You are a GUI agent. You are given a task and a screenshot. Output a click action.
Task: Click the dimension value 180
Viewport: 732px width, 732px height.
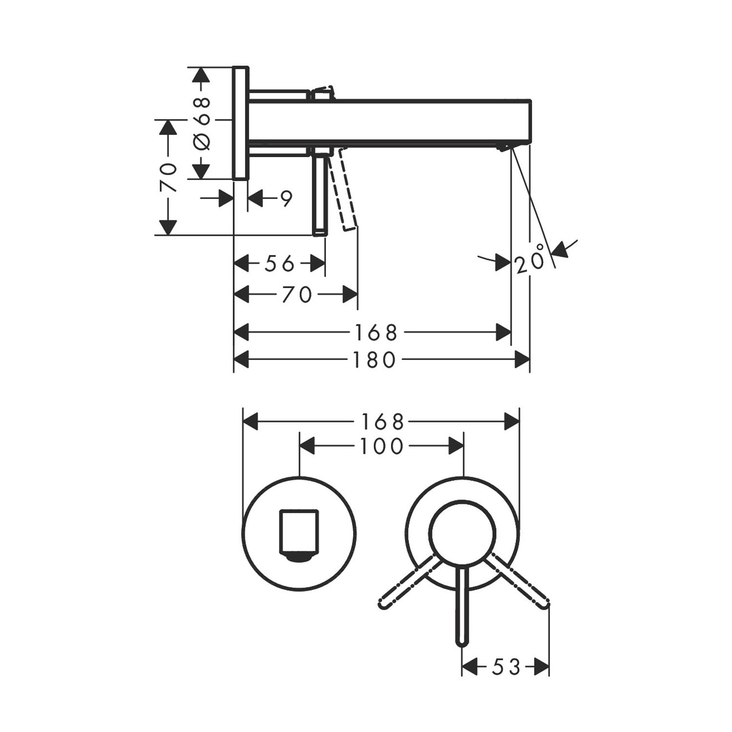(374, 360)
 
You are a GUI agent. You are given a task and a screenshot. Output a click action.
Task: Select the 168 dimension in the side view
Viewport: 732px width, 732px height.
(376, 333)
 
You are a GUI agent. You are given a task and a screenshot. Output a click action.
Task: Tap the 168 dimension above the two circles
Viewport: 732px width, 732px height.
(382, 422)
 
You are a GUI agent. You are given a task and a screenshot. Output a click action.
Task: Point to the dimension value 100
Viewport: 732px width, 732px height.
(382, 446)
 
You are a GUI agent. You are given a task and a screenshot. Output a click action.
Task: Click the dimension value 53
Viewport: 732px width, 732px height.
(506, 667)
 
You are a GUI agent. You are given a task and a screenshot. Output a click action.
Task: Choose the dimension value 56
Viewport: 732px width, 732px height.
(280, 264)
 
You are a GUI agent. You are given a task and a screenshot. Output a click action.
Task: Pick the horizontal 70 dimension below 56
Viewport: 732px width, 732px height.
(297, 295)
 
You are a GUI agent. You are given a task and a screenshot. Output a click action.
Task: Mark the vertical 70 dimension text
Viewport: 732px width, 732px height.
(168, 178)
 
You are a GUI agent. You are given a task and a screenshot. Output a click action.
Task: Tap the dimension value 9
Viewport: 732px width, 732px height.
(286, 199)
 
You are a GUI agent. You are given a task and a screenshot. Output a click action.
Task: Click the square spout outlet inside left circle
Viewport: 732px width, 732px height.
(298, 534)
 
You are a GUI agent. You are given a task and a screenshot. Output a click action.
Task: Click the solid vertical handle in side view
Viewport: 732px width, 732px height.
(320, 192)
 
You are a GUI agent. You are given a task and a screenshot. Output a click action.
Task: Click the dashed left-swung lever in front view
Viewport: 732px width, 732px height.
(408, 581)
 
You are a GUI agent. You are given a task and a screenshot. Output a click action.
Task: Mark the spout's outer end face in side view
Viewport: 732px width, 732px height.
(529, 121)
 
